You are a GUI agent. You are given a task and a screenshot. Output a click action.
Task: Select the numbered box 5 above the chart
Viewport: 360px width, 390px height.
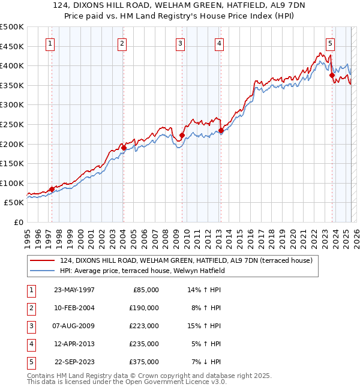click(x=330, y=43)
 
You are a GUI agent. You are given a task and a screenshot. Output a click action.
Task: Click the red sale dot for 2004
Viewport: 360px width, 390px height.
click(x=123, y=147)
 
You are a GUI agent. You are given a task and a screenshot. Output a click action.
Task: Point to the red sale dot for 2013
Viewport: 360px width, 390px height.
click(x=221, y=130)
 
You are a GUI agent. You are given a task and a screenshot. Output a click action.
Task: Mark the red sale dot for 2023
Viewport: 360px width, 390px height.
click(x=332, y=75)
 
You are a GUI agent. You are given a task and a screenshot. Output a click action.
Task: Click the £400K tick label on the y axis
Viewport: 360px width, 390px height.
click(x=12, y=65)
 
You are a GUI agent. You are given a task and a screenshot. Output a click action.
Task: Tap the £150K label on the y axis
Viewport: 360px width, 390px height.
click(x=12, y=163)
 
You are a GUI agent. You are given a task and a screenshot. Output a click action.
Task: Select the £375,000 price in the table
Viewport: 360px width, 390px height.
click(x=144, y=362)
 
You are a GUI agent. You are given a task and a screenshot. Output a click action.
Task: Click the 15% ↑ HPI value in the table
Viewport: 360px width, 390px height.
click(x=205, y=326)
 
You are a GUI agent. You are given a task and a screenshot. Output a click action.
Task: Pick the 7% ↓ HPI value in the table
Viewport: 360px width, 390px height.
click(x=205, y=362)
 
